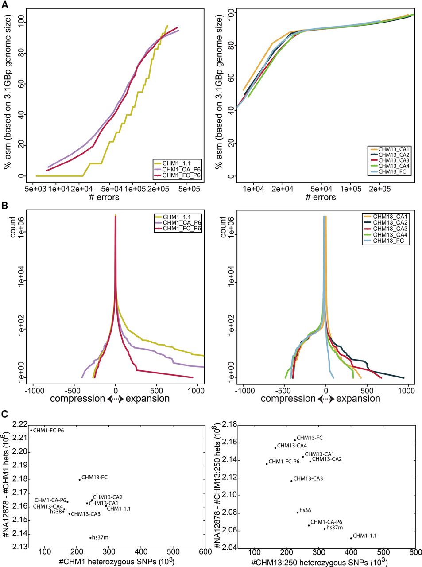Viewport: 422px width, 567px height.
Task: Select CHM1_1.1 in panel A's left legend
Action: tap(176, 163)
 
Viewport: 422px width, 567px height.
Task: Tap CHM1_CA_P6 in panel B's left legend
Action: tap(182, 222)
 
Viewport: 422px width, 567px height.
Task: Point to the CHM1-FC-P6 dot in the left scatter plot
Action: tap(31, 430)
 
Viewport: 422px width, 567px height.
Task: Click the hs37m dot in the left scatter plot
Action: tap(90, 538)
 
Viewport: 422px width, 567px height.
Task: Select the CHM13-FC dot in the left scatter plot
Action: tap(80, 479)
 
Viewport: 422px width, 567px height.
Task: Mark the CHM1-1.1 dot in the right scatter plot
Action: tap(351, 538)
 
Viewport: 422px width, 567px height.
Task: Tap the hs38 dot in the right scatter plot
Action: tap(298, 512)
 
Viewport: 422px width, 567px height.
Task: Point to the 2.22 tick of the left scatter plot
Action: tap(19, 425)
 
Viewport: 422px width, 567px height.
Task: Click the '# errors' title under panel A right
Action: tap(321, 197)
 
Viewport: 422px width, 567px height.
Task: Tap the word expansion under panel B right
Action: tap(358, 399)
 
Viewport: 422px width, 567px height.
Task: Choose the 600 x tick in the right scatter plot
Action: tap(415, 552)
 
